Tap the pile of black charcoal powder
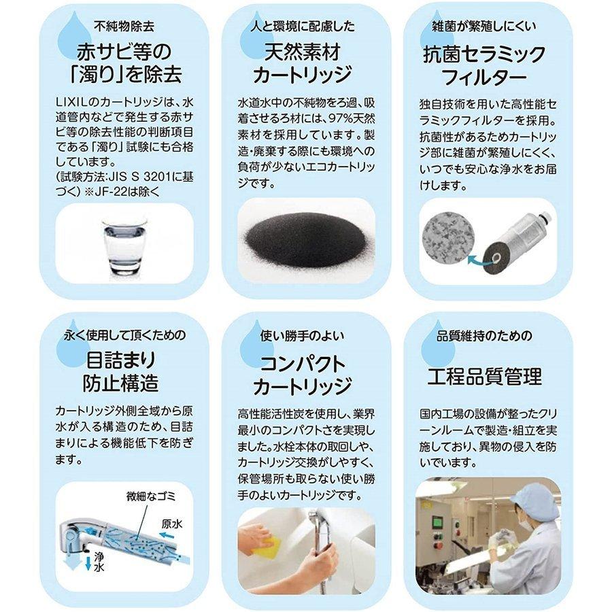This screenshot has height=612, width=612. click(305, 239)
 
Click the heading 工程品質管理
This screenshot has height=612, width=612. click(484, 376)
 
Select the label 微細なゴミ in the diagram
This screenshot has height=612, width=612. click(151, 496)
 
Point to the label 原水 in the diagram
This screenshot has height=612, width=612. click(172, 524)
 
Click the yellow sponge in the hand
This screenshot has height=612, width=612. click(265, 545)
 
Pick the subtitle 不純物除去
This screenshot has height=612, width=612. click(124, 26)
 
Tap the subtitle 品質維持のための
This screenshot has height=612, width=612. click(484, 336)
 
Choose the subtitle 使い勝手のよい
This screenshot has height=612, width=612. click(302, 336)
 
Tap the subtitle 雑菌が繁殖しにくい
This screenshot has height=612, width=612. click(484, 26)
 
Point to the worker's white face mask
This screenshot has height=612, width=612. click(526, 523)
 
